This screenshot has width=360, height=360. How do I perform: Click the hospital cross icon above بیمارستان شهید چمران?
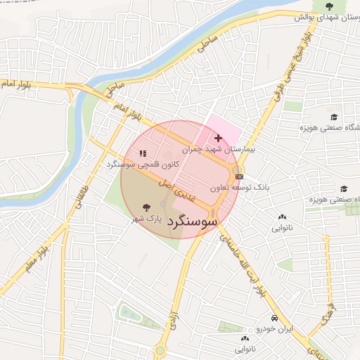tap(217, 138)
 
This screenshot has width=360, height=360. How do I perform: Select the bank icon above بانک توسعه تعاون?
tap(240, 176)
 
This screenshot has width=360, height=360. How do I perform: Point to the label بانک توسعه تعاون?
tap(239, 188)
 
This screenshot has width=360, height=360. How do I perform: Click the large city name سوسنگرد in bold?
tap(191, 220)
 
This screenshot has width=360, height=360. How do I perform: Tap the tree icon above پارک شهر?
tap(146, 207)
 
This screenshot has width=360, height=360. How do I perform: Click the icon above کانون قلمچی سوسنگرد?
tap(143, 153)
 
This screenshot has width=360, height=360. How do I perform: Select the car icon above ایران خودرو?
tap(264, 317)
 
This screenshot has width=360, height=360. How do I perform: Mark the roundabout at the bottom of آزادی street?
tap(160, 351)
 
